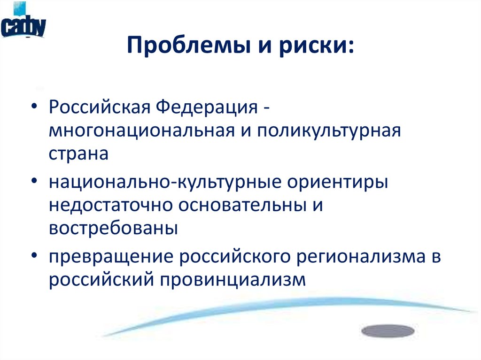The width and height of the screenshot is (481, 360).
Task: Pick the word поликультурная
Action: tap(328, 130)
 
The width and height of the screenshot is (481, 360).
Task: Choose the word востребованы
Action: tap(113, 229)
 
